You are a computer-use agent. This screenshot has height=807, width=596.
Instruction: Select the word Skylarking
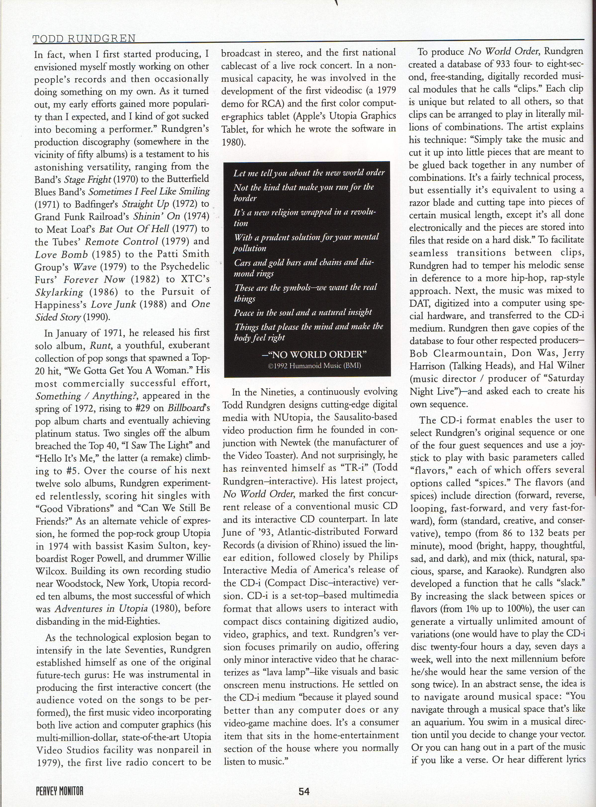(x=59, y=292)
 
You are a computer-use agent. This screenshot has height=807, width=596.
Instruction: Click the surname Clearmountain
(x=458, y=353)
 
